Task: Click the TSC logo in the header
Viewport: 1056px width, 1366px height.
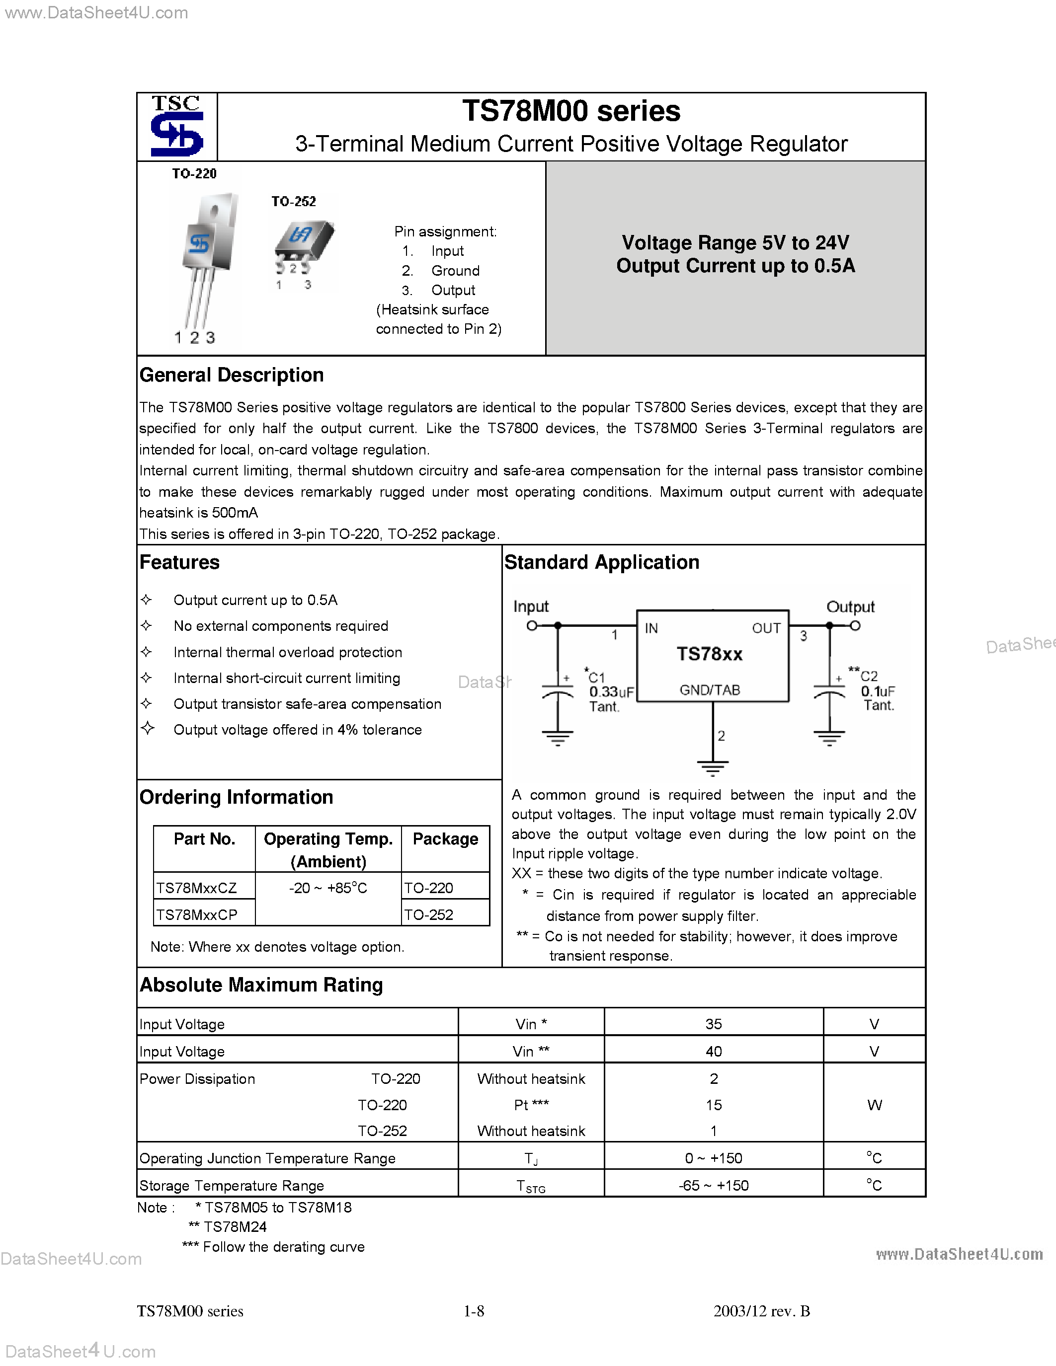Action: tap(177, 126)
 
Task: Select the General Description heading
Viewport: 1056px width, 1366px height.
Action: tap(232, 375)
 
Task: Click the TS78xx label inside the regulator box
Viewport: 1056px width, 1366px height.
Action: tap(710, 654)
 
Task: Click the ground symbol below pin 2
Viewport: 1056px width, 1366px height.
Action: tap(713, 768)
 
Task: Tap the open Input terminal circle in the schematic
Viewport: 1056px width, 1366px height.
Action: tap(532, 625)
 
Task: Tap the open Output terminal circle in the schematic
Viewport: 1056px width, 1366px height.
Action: tap(855, 625)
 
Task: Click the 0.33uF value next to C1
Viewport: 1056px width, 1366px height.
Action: tap(611, 692)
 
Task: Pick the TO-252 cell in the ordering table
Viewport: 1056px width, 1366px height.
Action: tap(429, 915)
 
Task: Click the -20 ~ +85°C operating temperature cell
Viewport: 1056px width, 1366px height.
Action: tap(328, 888)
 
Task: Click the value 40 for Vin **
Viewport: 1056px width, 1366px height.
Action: tap(713, 1052)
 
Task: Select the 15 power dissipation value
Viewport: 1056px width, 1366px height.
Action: tap(713, 1105)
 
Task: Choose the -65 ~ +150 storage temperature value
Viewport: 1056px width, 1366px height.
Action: tap(713, 1185)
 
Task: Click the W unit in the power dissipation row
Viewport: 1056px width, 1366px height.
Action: tap(874, 1105)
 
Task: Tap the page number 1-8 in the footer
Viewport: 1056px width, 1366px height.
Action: tap(474, 1311)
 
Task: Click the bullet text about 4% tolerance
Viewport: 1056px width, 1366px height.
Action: tap(297, 730)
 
